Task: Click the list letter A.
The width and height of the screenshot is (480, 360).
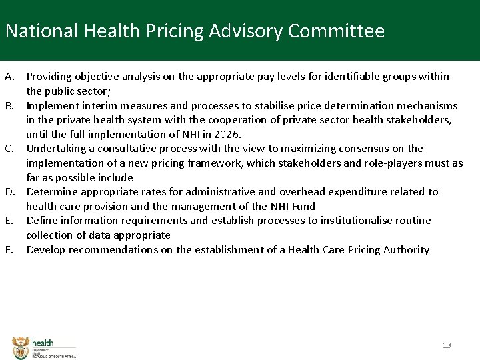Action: click(9, 77)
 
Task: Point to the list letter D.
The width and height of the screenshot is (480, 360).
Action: click(10, 192)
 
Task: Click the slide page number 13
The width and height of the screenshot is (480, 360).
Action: click(447, 345)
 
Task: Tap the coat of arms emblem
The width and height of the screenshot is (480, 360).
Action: click(21, 347)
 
